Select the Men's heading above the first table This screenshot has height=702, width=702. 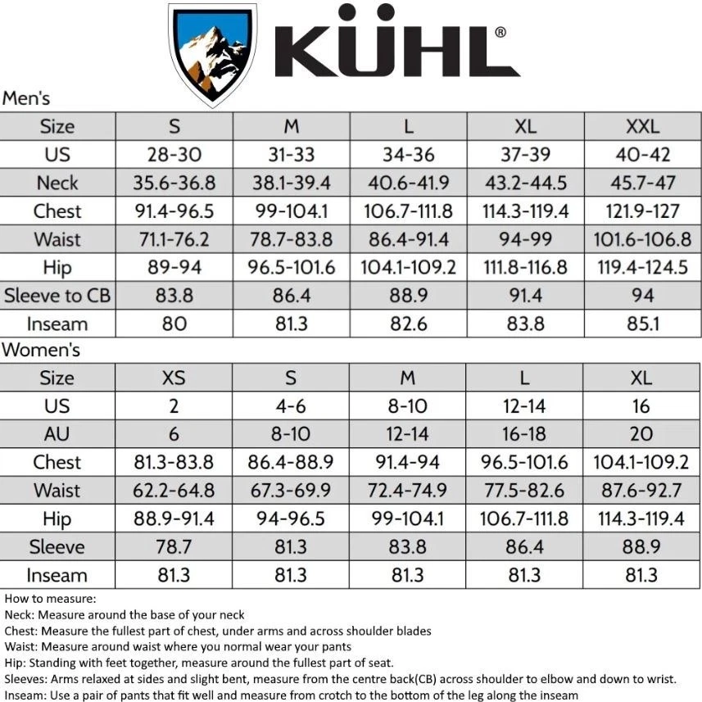click(26, 99)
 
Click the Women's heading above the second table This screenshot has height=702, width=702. click(40, 351)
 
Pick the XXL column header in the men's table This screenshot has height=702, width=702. click(642, 127)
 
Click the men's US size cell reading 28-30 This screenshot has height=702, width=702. click(174, 155)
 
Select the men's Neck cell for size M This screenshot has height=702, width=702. click(291, 183)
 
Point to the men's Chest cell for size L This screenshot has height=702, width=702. click(408, 211)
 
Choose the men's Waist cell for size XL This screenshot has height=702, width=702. click(525, 239)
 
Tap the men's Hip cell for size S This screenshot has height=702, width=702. click(174, 267)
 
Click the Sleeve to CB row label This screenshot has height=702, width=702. click(57, 296)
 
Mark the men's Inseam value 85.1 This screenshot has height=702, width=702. click(642, 324)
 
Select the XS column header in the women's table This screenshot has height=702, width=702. click(174, 378)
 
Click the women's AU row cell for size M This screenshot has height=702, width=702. click(408, 434)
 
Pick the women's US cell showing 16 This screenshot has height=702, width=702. click(641, 406)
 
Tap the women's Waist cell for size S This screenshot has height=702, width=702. click(291, 490)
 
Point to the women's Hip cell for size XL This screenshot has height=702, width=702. click(641, 519)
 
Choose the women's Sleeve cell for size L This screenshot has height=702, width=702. click(525, 546)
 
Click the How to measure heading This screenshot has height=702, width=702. click(50, 599)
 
